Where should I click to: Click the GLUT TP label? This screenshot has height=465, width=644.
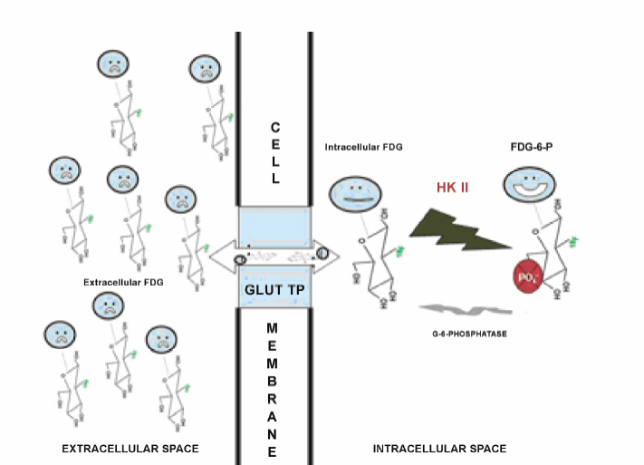tap(273, 290)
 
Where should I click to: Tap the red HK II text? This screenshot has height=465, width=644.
tap(450, 187)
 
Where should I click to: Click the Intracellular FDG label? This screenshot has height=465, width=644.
tap(362, 145)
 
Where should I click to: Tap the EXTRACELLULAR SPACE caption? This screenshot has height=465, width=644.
tap(130, 449)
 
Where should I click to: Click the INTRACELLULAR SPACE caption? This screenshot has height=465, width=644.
tap(440, 449)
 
